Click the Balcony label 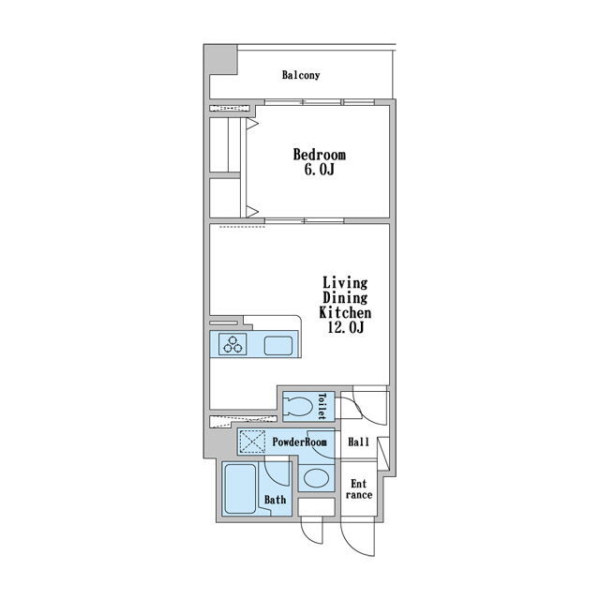(x=301, y=75)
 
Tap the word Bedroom (x=320, y=155)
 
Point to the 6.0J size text (x=320, y=170)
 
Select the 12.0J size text (x=346, y=327)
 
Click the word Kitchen (x=345, y=312)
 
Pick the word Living (x=345, y=283)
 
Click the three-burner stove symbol (x=232, y=344)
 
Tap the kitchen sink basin (x=278, y=346)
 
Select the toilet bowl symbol (x=298, y=406)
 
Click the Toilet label (x=322, y=406)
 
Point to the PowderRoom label (x=300, y=442)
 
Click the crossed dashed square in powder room (x=252, y=442)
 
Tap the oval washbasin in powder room (x=316, y=478)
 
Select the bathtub (x=240, y=488)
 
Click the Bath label (x=275, y=500)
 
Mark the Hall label (x=358, y=442)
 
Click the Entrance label (x=359, y=489)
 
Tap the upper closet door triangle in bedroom (x=252, y=124)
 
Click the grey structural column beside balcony (x=221, y=59)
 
